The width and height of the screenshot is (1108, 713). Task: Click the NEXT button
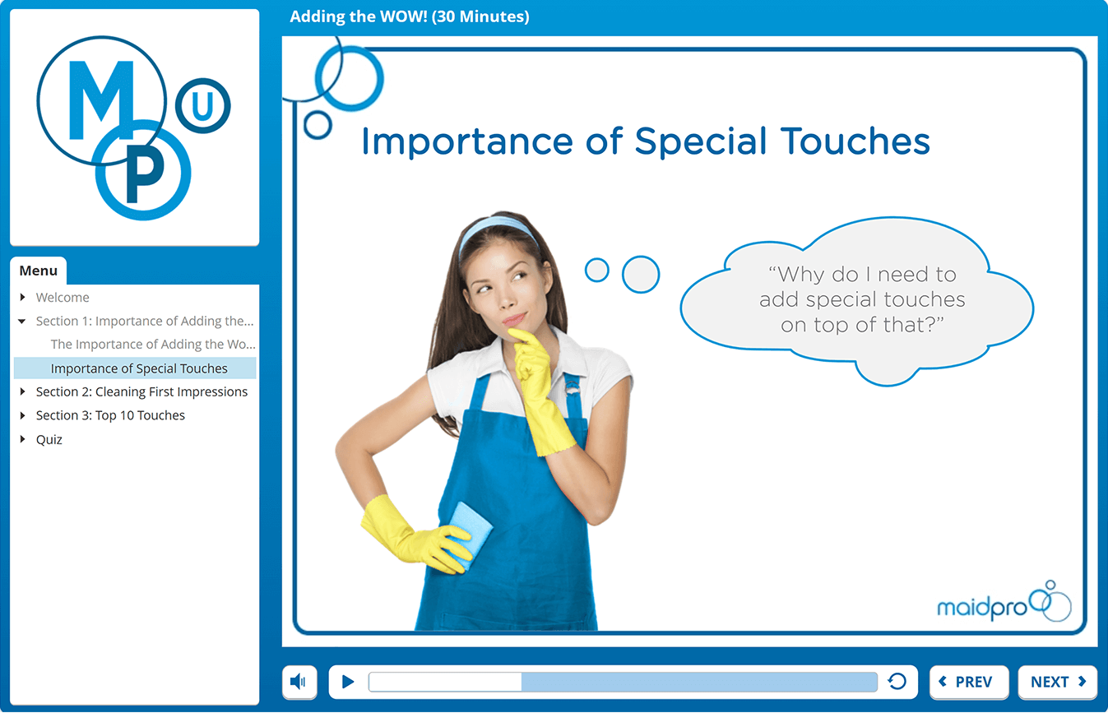coord(1058,682)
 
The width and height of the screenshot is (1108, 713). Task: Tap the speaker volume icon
coord(299,682)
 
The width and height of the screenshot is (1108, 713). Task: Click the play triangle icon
coord(348,682)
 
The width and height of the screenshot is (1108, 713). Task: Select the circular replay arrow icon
coord(897,682)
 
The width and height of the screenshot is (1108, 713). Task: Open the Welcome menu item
coord(63,298)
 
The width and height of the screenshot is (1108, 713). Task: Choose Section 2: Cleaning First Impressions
coord(141,392)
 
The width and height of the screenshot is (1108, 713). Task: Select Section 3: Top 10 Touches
coord(110,415)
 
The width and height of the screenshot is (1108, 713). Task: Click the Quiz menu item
coord(49,439)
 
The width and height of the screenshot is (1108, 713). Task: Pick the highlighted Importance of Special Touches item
coord(139,368)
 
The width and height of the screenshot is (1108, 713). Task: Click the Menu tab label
coord(39,271)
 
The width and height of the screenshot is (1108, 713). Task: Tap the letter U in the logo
coord(202,105)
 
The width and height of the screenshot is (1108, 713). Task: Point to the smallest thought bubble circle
coord(596,270)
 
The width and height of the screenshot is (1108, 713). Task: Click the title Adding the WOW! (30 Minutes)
coord(410,16)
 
